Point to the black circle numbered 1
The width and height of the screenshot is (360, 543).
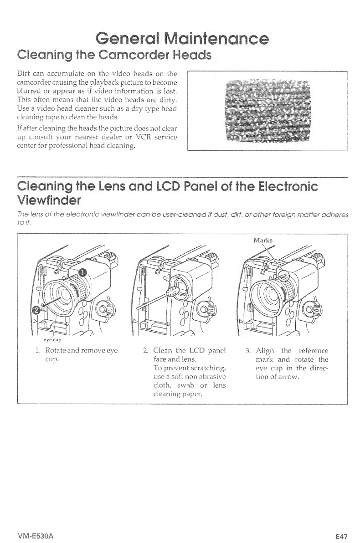click(82, 273)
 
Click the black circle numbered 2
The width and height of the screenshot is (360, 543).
click(34, 310)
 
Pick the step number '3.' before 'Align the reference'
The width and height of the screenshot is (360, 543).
click(248, 351)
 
